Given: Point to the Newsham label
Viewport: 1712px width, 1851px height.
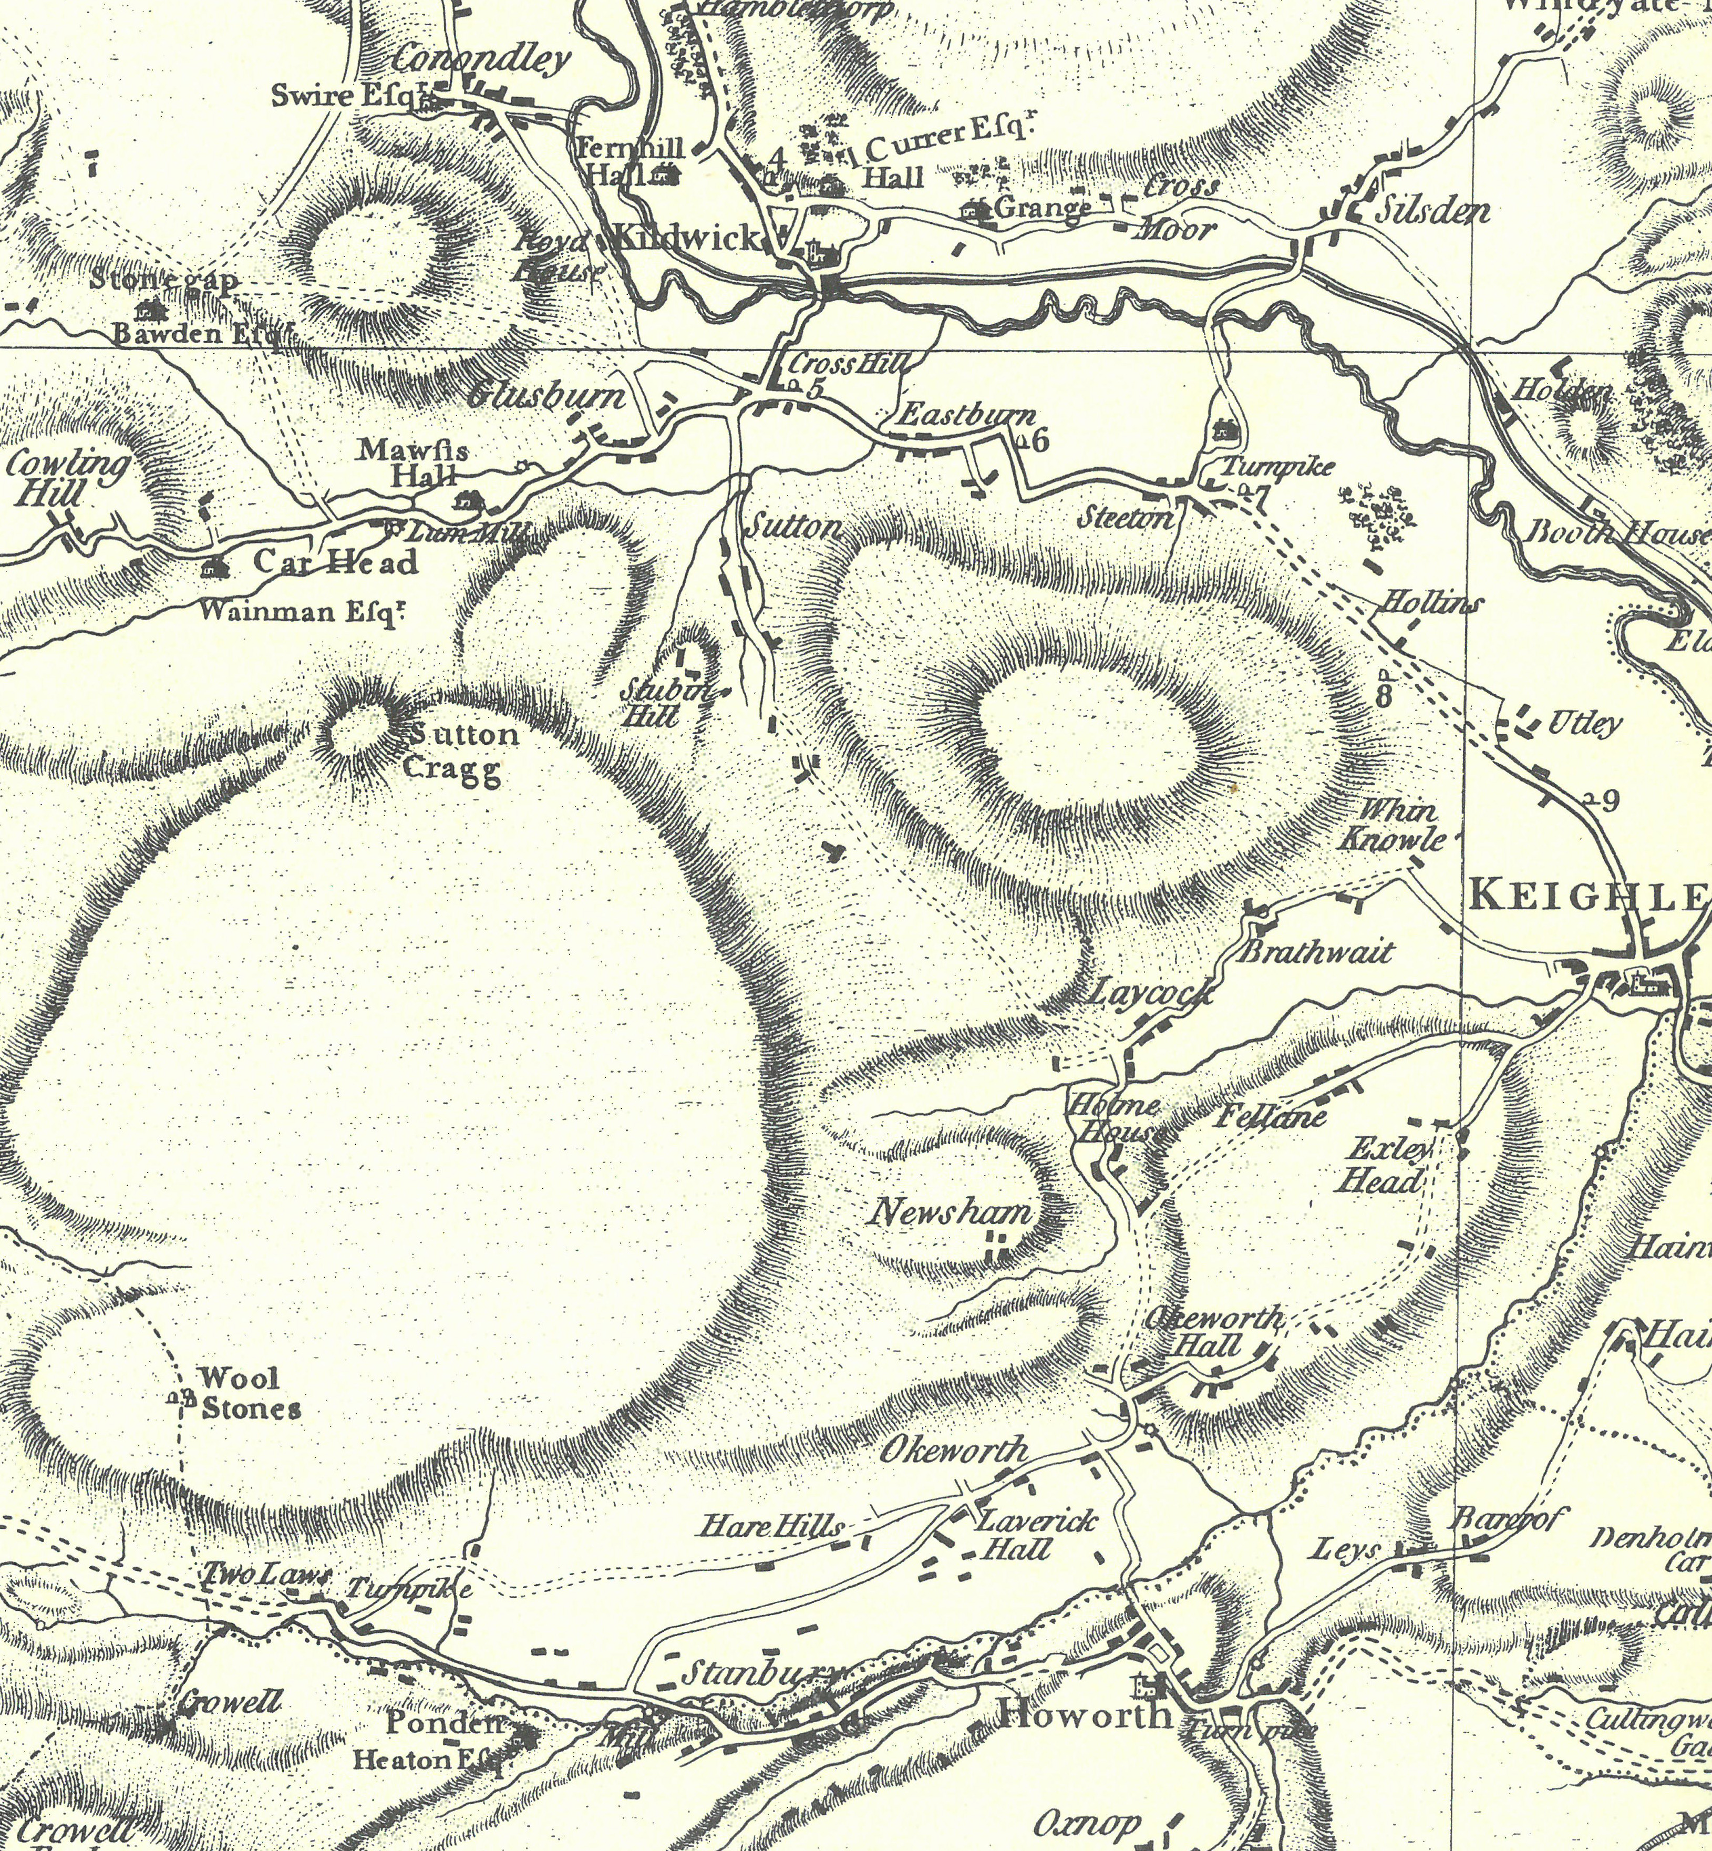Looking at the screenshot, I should point(952,1212).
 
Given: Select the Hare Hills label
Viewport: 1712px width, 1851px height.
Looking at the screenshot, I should point(774,1526).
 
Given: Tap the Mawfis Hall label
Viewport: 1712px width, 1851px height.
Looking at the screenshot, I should point(413,463).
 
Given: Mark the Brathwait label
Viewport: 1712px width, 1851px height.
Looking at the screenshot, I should point(1315,952).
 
